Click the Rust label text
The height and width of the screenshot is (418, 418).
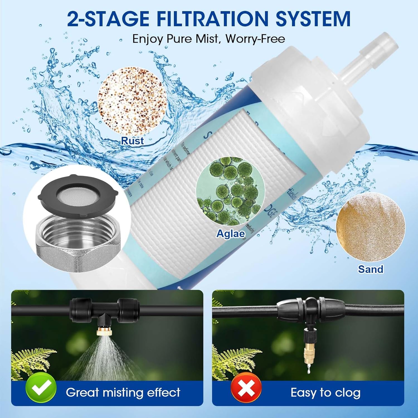132,141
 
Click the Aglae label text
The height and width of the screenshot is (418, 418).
231,234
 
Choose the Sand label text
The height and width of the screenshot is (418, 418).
370,269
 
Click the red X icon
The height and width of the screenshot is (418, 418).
246,388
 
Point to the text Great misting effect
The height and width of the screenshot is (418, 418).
123,392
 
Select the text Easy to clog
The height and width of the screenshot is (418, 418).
325,392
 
